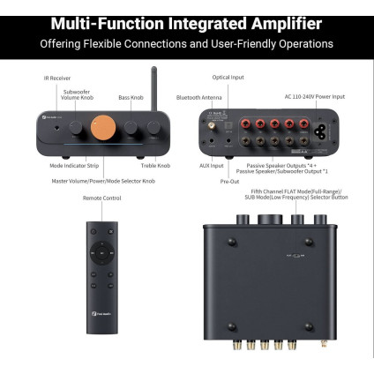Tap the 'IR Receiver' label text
57,79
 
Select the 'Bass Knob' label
131,97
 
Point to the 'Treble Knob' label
155,164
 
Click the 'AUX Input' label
211,165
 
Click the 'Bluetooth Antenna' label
198,97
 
